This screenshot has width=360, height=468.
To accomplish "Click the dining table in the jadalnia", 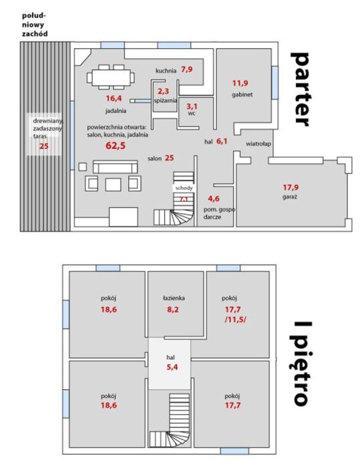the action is [x=111, y=78].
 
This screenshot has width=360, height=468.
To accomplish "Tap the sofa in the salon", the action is [x=115, y=167].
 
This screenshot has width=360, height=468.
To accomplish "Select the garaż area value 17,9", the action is [x=291, y=187].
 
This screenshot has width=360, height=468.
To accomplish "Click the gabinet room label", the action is [x=242, y=95].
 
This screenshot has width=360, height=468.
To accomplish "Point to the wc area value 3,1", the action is [x=192, y=106].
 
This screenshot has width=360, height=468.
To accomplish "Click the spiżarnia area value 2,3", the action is [x=163, y=91].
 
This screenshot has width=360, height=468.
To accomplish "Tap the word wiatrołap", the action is [x=258, y=144].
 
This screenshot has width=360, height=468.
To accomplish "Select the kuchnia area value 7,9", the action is [x=187, y=70].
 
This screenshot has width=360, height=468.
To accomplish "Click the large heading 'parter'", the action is [x=299, y=89].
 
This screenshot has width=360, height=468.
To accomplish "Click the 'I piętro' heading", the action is [x=303, y=364].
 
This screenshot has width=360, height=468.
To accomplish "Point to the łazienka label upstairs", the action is [x=174, y=298].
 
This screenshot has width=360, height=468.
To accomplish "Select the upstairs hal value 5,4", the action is [x=172, y=367].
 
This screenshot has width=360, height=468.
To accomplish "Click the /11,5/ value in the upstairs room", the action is [x=235, y=320].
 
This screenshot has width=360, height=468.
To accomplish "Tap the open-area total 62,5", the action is [x=116, y=146].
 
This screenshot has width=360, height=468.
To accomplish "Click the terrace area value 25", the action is [x=44, y=146].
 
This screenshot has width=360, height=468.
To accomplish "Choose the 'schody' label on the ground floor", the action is [x=184, y=188].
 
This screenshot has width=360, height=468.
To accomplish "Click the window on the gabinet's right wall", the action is [x=275, y=82].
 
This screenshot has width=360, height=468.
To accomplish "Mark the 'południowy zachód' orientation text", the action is [x=35, y=25].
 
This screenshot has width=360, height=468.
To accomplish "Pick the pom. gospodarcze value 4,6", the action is [x=214, y=199].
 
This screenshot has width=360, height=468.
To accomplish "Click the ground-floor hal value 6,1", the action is [x=222, y=141].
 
